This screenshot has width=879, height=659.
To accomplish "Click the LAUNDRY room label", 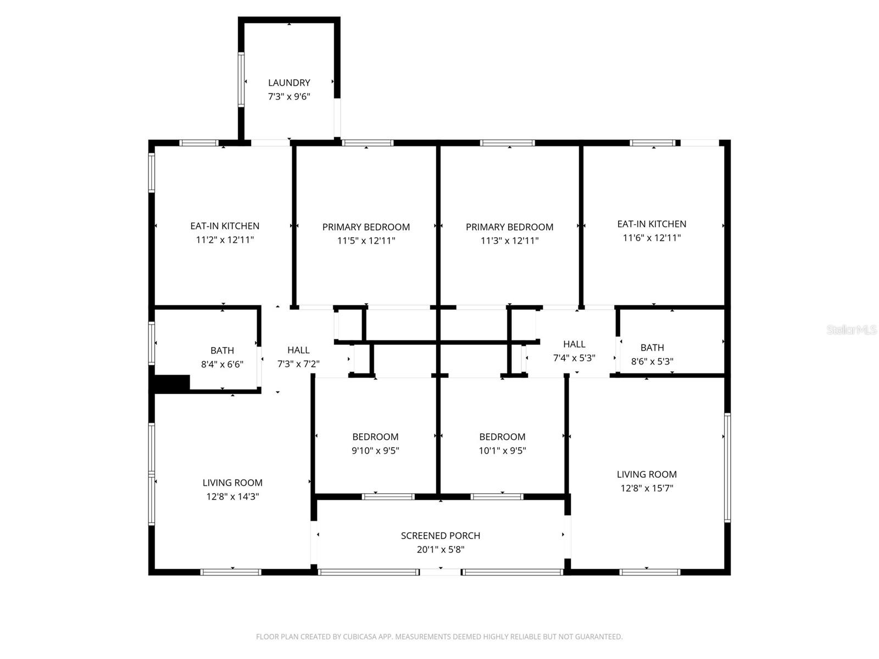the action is pyautogui.click(x=289, y=83).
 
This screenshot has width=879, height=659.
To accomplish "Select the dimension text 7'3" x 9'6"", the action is pyautogui.click(x=289, y=97).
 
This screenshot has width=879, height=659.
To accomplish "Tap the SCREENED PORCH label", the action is pyautogui.click(x=440, y=535).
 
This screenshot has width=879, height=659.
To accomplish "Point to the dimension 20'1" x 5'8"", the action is pyautogui.click(x=440, y=549).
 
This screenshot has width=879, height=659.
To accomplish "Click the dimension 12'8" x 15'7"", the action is pyautogui.click(x=646, y=488).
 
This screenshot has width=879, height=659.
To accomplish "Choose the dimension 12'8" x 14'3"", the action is pyautogui.click(x=232, y=496).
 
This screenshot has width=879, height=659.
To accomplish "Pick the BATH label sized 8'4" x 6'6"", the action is pyautogui.click(x=222, y=350).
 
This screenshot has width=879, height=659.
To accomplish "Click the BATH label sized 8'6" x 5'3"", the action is pyautogui.click(x=652, y=348).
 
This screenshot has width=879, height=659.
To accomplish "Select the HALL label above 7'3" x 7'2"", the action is pyautogui.click(x=298, y=350).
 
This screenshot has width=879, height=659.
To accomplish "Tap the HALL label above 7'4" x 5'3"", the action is pyautogui.click(x=574, y=344).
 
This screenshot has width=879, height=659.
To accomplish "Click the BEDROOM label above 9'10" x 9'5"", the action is pyautogui.click(x=375, y=437).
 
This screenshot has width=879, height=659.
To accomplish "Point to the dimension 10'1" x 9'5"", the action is pyautogui.click(x=502, y=450).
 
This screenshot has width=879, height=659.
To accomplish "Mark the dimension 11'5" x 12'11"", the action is pyautogui.click(x=366, y=241).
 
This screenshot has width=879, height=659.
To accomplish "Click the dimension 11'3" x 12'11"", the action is pyautogui.click(x=509, y=241).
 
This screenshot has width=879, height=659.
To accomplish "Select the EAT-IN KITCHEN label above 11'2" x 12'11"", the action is pyautogui.click(x=225, y=226).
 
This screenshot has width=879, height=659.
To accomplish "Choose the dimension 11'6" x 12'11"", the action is pyautogui.click(x=652, y=238).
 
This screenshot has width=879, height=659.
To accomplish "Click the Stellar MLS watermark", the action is pyautogui.click(x=851, y=329).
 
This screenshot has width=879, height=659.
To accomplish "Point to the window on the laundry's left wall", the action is pyautogui.click(x=241, y=80).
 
